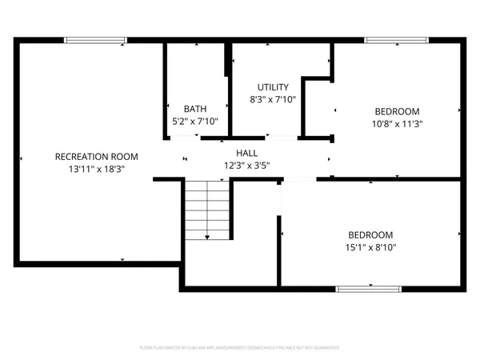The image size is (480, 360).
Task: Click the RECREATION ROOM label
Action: point(96,157)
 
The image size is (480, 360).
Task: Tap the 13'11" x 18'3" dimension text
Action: point(96,169)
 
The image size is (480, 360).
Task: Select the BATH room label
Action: point(195,109)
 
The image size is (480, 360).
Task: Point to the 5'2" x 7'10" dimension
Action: point(195,122)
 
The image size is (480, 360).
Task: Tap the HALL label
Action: point(246,153)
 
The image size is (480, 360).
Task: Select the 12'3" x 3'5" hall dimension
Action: point(246,166)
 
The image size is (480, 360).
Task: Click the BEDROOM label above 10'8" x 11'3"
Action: point(397,111)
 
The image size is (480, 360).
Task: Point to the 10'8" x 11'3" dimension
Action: point(397,124)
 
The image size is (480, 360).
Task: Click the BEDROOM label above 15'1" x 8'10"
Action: point(370,234)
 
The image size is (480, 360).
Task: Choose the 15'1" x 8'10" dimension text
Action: point(370,247)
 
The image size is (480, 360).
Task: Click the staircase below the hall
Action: point(207,208)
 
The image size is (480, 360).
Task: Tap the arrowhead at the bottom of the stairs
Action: point(207,237)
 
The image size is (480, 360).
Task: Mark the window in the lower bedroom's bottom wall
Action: point(367,288)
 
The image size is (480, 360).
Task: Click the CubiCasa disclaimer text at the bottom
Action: point(240,348)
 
